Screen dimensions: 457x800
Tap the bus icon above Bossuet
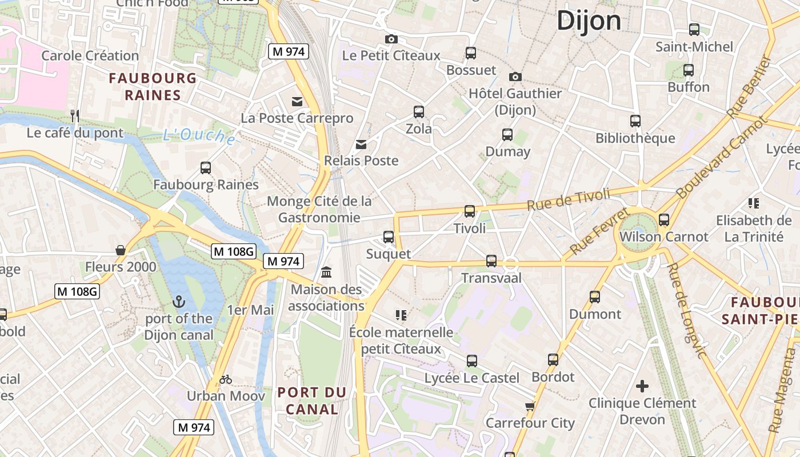click(471, 53)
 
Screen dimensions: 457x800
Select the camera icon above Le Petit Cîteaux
click(391, 39)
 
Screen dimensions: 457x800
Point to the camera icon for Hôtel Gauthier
click(515, 77)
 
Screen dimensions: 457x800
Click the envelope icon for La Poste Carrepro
click(297, 102)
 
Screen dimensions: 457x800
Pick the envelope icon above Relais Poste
click(361, 144)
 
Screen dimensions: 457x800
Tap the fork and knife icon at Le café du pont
click(74, 116)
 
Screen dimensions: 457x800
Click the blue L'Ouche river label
click(198, 136)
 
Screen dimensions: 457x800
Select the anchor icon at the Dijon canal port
click(179, 301)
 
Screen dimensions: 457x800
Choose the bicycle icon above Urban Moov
click(226, 379)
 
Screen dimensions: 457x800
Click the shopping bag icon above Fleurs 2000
click(121, 250)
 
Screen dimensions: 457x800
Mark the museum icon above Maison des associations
click(326, 272)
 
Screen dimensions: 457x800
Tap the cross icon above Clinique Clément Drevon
click(642, 386)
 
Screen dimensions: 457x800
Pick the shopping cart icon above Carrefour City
click(530, 406)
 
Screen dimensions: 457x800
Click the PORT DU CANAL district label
click(312, 401)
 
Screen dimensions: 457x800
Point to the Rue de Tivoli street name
click(568, 199)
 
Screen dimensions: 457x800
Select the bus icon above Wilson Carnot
click(663, 219)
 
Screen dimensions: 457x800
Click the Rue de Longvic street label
click(686, 311)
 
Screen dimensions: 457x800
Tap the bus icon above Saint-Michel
click(694, 29)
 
